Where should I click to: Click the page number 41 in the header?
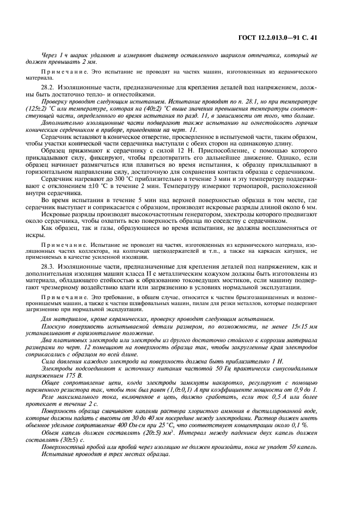(x=313, y=38)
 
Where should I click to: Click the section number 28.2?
(x=47, y=87)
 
